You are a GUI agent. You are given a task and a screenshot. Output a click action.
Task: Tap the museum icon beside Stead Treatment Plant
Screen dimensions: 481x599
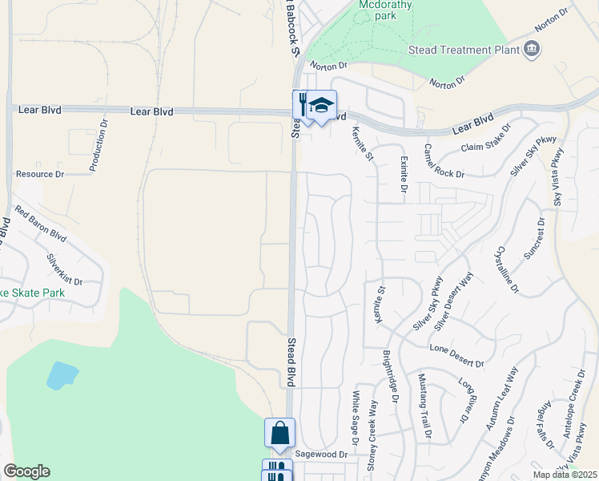[x=530, y=51]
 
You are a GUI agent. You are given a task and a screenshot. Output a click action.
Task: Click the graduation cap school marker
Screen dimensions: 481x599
[x=321, y=105]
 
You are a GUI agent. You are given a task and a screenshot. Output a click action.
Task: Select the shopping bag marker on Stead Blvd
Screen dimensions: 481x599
[x=279, y=433]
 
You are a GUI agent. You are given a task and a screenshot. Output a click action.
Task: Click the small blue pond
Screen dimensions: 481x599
[x=62, y=375]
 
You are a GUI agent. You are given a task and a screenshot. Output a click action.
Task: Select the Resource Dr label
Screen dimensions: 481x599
[x=40, y=174]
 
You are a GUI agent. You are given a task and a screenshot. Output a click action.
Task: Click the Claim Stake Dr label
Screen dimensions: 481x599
[x=485, y=139]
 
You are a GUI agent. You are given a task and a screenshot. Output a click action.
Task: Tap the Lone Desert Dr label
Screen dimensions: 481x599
[x=457, y=357]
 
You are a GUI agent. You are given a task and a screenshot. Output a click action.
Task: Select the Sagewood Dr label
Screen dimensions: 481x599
[x=320, y=454]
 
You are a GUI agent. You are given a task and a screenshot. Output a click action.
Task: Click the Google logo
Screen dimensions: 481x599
[x=26, y=471]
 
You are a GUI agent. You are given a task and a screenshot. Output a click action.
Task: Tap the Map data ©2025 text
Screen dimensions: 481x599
[x=565, y=475]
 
